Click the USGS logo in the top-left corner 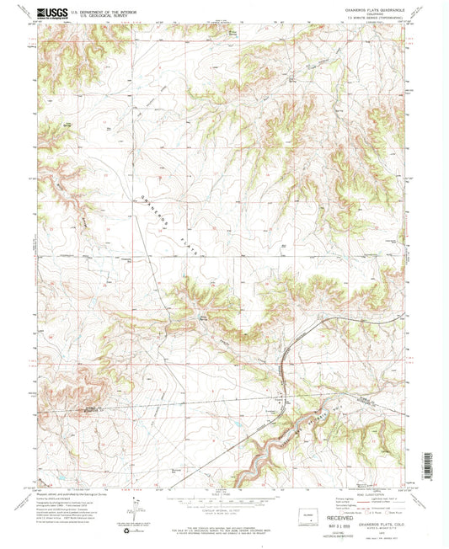pos(52,14)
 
